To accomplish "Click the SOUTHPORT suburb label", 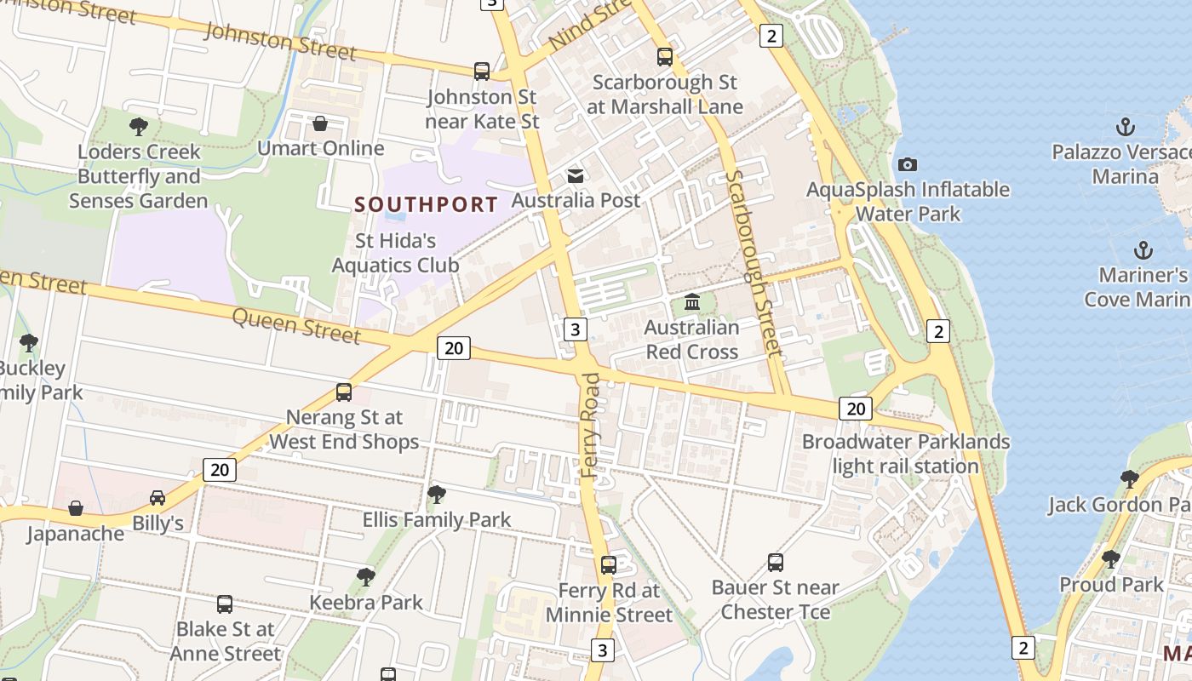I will (x=426, y=204).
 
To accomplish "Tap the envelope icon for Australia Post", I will (x=576, y=175).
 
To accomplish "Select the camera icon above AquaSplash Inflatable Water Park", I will (x=908, y=164).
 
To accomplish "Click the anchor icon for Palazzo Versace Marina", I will (x=1126, y=128).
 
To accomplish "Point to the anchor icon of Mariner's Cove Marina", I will (x=1143, y=250).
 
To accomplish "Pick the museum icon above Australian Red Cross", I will (x=691, y=302).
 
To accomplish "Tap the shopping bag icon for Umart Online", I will (x=320, y=123).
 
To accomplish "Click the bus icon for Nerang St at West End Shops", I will (x=344, y=392).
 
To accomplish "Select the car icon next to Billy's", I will (x=158, y=497).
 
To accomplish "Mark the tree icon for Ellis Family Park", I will (x=437, y=494).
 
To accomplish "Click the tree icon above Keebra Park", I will (x=366, y=576).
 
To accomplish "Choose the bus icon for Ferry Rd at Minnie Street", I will (x=609, y=564).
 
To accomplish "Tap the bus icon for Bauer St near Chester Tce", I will (x=775, y=562).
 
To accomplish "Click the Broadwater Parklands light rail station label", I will (x=905, y=454).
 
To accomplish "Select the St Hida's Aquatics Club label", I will (x=395, y=253).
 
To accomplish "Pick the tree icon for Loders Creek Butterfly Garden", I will (x=138, y=127).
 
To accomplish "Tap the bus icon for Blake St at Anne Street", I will (x=225, y=604).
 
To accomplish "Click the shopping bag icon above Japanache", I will (x=76, y=508).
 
